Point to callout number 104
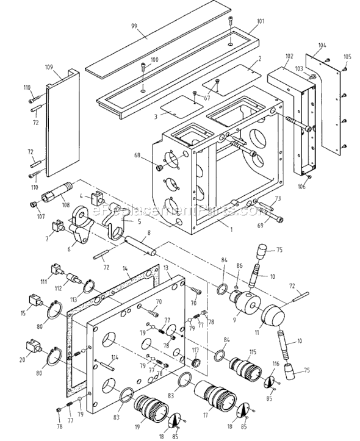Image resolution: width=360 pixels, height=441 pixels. coord(322,46)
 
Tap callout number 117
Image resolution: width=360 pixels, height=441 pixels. coord(196,350)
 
